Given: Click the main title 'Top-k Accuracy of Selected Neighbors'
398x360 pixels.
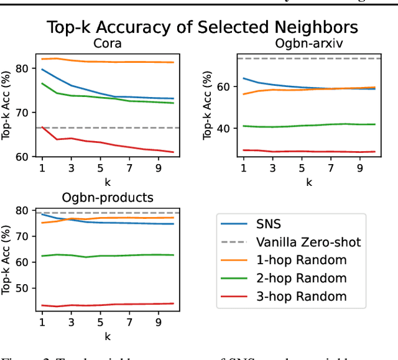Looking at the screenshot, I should coord(202,27).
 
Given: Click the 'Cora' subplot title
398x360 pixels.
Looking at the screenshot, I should coord(107,44).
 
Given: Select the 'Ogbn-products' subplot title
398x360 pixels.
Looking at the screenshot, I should coord(107,198).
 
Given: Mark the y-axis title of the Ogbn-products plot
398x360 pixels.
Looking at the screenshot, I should coord(8,261).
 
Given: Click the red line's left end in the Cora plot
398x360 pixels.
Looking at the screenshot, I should coord(42,127).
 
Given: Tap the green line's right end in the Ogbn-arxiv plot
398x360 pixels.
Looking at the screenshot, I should coord(375,124).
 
